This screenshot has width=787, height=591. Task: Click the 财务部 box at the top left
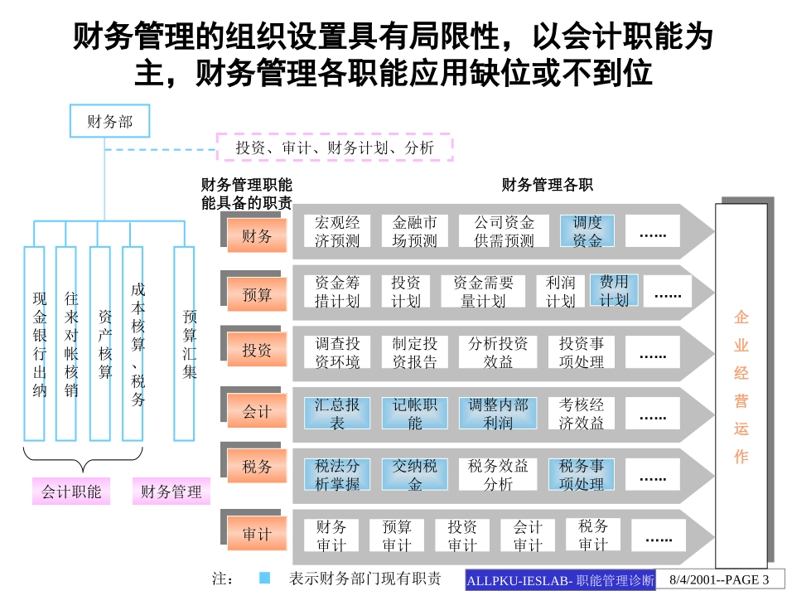click(x=110, y=122)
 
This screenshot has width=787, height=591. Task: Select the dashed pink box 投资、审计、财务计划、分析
click(x=335, y=148)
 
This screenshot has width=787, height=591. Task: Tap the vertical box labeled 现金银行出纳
click(x=36, y=343)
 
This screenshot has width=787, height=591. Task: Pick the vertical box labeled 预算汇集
click(x=185, y=343)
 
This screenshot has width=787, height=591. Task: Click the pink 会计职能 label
click(x=71, y=492)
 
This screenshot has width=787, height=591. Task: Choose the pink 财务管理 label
click(x=171, y=492)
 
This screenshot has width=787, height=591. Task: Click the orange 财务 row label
click(x=257, y=236)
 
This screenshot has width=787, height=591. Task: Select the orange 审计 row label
click(x=257, y=535)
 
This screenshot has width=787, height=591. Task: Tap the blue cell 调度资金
click(x=587, y=231)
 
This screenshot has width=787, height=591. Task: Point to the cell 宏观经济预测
click(x=337, y=231)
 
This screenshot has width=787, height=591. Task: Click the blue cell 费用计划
click(x=614, y=291)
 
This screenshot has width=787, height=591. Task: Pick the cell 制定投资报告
click(x=414, y=352)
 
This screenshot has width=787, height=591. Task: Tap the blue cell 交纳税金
click(x=414, y=474)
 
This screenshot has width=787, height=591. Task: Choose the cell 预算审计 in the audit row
click(x=397, y=535)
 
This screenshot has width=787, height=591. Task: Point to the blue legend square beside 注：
click(x=264, y=578)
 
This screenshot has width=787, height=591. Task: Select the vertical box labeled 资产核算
click(x=102, y=343)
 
